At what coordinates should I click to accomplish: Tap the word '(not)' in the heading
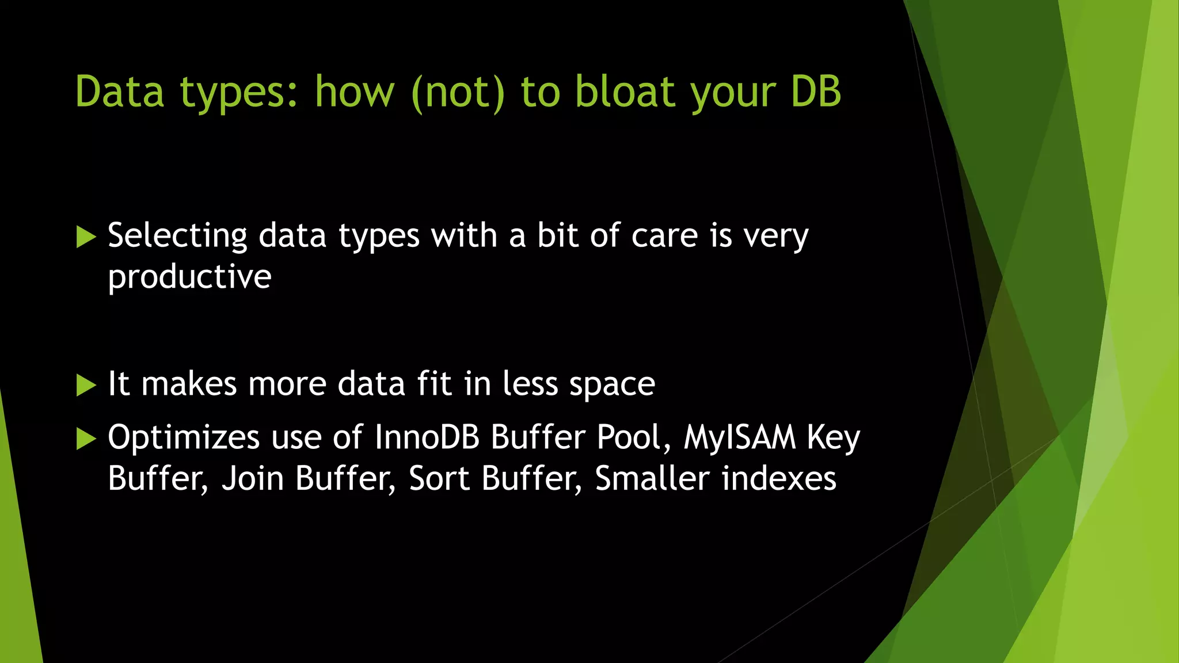(x=458, y=92)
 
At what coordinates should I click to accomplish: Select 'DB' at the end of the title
(x=816, y=92)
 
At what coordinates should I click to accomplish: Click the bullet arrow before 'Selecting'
(x=86, y=237)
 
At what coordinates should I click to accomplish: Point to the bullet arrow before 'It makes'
(x=86, y=384)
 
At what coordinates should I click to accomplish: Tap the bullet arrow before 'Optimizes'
(x=86, y=439)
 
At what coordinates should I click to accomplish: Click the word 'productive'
(x=189, y=277)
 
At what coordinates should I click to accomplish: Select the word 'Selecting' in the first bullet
(x=177, y=236)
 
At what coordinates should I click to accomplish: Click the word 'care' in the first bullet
(x=665, y=236)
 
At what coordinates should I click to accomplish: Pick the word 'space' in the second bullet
(x=612, y=384)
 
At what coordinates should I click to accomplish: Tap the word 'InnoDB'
(x=427, y=437)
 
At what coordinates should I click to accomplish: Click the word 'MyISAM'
(x=740, y=437)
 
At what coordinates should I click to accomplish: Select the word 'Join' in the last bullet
(x=253, y=479)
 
